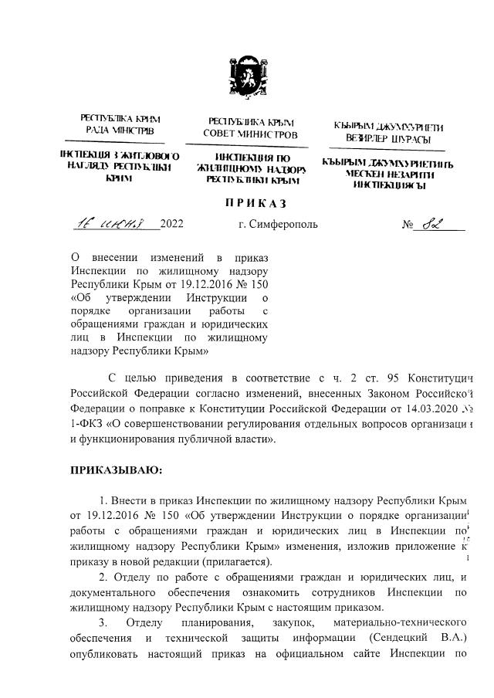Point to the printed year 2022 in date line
pos(171,225)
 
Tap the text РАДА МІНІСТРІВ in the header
pos(120,132)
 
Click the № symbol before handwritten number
pos(408,226)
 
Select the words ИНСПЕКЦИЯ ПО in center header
pos(248,158)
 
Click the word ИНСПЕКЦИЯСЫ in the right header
pos(387,186)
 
